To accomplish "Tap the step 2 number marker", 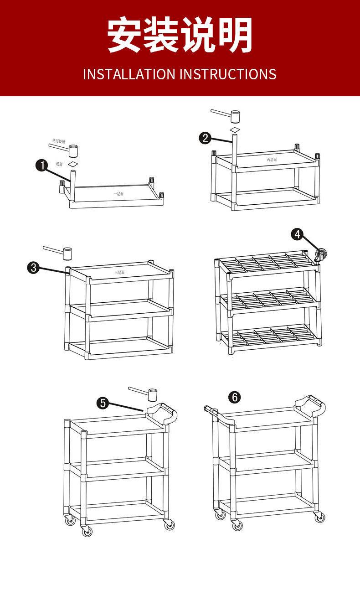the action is (x=206, y=138).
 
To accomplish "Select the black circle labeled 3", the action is (x=33, y=268).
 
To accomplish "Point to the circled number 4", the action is (x=298, y=234).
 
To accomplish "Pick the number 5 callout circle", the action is (x=103, y=403).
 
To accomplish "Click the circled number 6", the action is (x=235, y=397).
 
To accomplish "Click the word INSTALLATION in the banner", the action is (x=129, y=74).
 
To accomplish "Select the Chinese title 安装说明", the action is (x=180, y=36).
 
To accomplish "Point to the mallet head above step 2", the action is (x=235, y=116).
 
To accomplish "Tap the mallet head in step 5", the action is (x=152, y=393).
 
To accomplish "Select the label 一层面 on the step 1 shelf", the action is (x=118, y=194).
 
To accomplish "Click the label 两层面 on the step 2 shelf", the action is (x=272, y=160).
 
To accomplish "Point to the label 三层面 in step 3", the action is (x=119, y=272).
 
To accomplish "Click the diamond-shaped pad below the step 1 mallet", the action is (x=73, y=164).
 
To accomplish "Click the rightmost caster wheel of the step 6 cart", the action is (x=319, y=517).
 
